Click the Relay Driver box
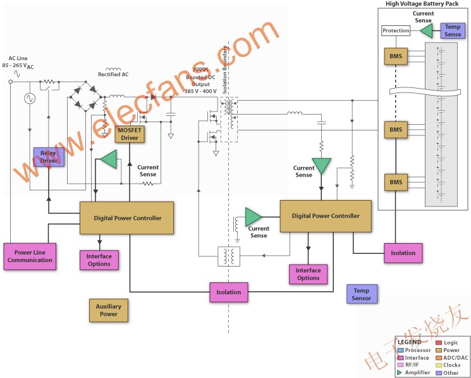click(49, 156)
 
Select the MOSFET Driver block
click(130, 134)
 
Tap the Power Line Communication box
click(30, 256)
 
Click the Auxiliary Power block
click(109, 310)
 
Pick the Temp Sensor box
click(362, 294)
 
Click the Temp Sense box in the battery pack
click(453, 30)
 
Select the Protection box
click(396, 30)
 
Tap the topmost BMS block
click(396, 56)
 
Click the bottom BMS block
click(396, 182)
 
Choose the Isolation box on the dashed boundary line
click(229, 293)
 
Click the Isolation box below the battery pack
click(403, 253)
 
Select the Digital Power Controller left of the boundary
click(126, 218)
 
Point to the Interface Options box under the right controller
click(308, 274)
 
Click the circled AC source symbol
click(30, 98)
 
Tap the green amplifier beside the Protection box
click(427, 30)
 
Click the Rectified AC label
click(113, 74)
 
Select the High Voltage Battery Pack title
click(422, 4)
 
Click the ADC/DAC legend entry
click(452, 358)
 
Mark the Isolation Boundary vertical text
click(224, 70)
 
